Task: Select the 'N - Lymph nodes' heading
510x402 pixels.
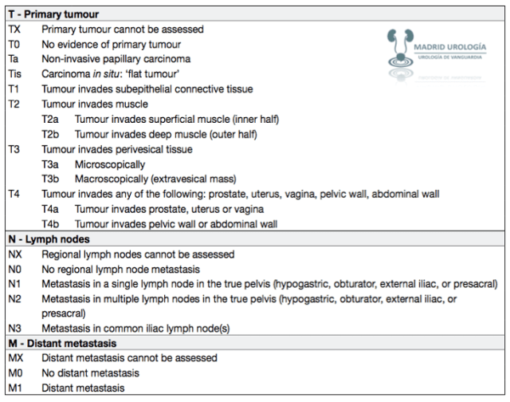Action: pos(48,238)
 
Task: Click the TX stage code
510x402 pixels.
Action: pos(15,29)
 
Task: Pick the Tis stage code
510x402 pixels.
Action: pos(16,73)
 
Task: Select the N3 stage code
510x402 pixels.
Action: pos(15,328)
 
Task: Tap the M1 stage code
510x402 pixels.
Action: pos(15,388)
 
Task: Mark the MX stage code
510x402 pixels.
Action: pos(16,358)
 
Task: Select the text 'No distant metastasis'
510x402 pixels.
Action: pos(90,372)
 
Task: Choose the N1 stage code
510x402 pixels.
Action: pos(15,283)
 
